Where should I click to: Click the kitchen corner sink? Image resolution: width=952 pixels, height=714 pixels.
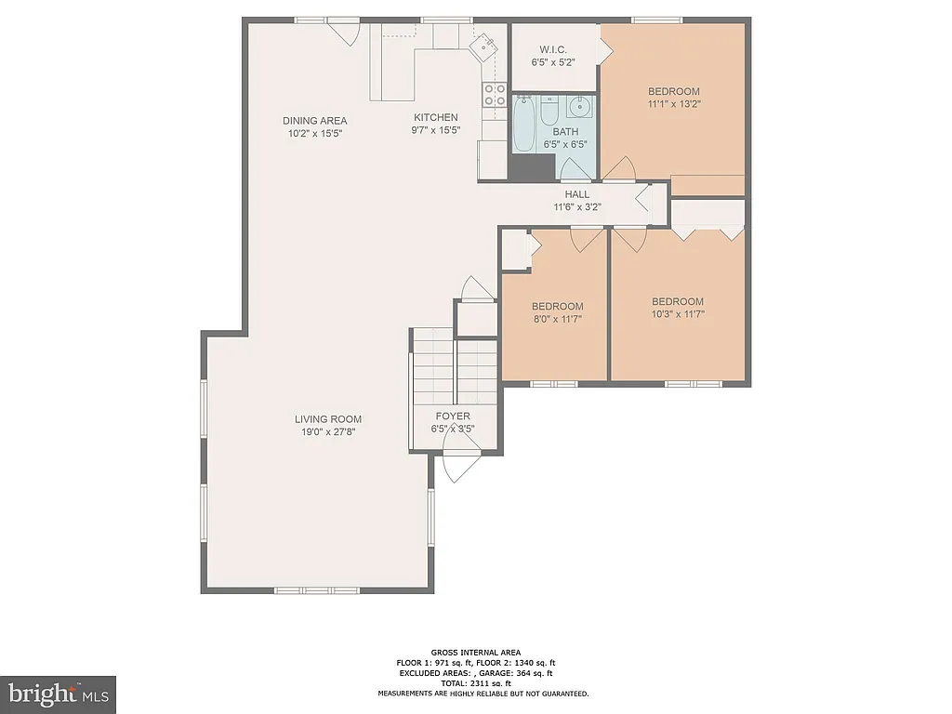click(486, 44)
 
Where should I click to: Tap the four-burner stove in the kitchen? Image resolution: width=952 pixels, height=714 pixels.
click(494, 95)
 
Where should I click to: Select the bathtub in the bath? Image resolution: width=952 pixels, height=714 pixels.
click(522, 125)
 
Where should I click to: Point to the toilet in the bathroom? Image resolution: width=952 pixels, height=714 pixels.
click(549, 112)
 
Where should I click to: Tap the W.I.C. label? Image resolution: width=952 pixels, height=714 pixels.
click(553, 50)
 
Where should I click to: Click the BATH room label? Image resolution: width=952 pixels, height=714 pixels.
click(565, 132)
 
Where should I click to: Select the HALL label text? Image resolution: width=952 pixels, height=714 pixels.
click(577, 194)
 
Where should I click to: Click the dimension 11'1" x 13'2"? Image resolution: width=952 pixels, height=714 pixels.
click(673, 104)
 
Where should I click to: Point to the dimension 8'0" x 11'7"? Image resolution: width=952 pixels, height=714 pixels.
click(557, 320)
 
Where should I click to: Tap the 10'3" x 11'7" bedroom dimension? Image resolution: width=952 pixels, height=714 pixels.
click(677, 314)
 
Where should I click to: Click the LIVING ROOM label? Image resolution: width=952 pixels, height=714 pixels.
click(328, 419)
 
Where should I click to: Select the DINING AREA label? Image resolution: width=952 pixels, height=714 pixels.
click(315, 120)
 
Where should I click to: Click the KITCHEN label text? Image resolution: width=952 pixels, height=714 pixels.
click(436, 117)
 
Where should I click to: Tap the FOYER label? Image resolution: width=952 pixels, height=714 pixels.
click(451, 416)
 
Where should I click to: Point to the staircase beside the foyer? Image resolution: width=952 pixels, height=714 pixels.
click(455, 367)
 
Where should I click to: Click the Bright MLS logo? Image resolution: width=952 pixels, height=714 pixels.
click(57, 693)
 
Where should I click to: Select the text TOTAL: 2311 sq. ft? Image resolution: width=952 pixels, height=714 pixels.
click(475, 682)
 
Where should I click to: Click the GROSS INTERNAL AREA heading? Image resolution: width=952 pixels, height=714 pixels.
click(475, 652)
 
